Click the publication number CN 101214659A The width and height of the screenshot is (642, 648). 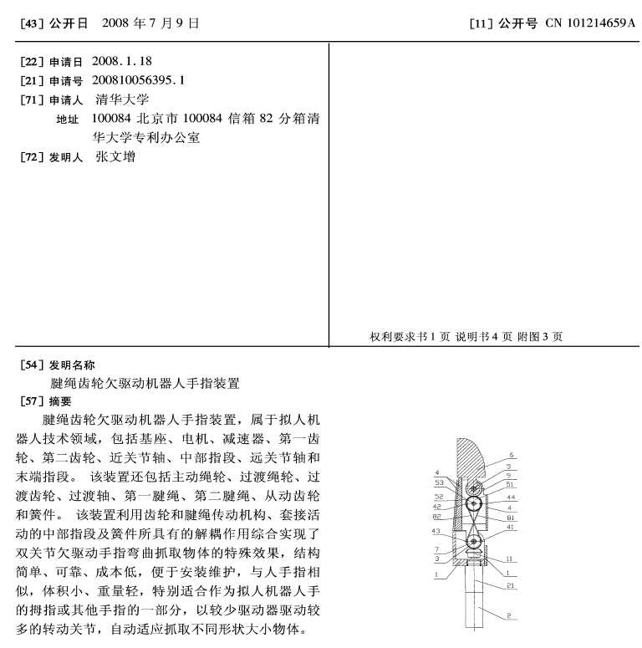click(590, 23)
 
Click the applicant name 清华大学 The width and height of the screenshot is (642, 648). click(122, 99)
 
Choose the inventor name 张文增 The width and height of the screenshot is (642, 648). click(115, 156)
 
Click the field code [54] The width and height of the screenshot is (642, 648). click(27, 365)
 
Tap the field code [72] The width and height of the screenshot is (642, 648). click(27, 157)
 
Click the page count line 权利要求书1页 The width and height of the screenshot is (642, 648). click(410, 337)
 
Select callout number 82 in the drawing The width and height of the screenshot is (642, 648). click(437, 517)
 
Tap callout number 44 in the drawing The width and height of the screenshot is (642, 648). click(512, 497)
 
